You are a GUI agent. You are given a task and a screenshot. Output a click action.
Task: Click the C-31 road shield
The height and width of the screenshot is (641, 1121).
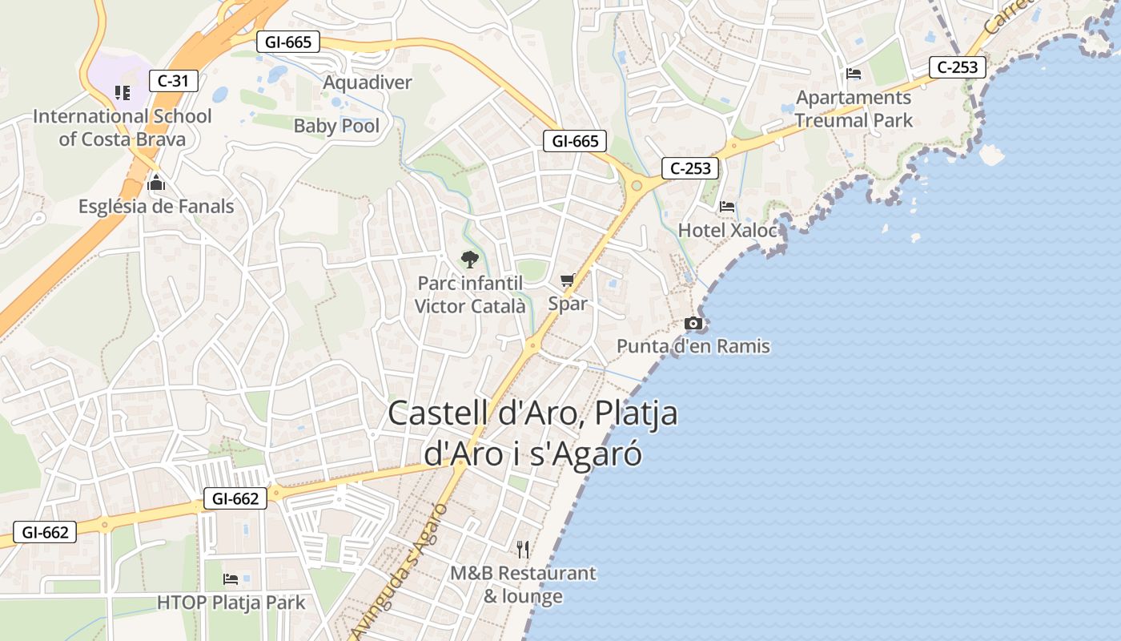coord(173,80)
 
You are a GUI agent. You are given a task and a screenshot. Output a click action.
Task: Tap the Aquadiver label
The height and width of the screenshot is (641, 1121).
coord(367,83)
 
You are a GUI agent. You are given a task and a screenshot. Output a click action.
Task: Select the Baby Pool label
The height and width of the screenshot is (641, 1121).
coord(336,126)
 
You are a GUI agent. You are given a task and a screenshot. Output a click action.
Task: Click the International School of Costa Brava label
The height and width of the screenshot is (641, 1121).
coord(122,127)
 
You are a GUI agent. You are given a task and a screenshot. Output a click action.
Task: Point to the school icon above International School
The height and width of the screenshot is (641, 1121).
coord(122,93)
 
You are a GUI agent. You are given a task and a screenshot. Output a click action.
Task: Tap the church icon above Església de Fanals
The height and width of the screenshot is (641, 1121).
coord(156,183)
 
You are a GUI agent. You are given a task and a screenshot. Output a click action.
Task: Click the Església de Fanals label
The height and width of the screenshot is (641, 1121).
coord(156,207)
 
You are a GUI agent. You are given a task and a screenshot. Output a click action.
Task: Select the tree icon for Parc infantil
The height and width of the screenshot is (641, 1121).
coord(469,259)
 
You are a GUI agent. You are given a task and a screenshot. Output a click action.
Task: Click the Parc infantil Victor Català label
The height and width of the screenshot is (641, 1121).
coord(470,294)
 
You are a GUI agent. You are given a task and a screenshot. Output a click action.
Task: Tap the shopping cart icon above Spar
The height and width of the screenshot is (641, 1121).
coord(568,280)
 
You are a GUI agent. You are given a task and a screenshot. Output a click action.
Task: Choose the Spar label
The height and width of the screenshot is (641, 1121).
coord(568,304)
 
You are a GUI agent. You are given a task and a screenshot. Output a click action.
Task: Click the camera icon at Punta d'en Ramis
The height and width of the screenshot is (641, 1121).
coord(693,323)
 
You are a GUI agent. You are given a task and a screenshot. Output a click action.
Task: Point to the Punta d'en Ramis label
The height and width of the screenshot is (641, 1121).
coord(693,346)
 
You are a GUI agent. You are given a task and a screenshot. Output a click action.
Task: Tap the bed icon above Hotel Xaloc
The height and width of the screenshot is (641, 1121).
coord(727,207)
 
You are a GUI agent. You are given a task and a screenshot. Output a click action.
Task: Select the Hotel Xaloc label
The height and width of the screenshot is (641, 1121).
coord(727,231)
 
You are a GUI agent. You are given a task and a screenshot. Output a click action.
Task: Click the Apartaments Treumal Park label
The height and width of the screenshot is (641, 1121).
coord(854,109)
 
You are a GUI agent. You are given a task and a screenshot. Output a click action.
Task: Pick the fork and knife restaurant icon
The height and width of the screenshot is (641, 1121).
coord(523,549)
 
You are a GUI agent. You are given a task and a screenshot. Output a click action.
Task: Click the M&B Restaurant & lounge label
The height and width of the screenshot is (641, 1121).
coord(523,585)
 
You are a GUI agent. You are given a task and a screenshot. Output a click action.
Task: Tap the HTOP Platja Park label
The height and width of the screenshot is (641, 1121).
coord(231,603)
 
